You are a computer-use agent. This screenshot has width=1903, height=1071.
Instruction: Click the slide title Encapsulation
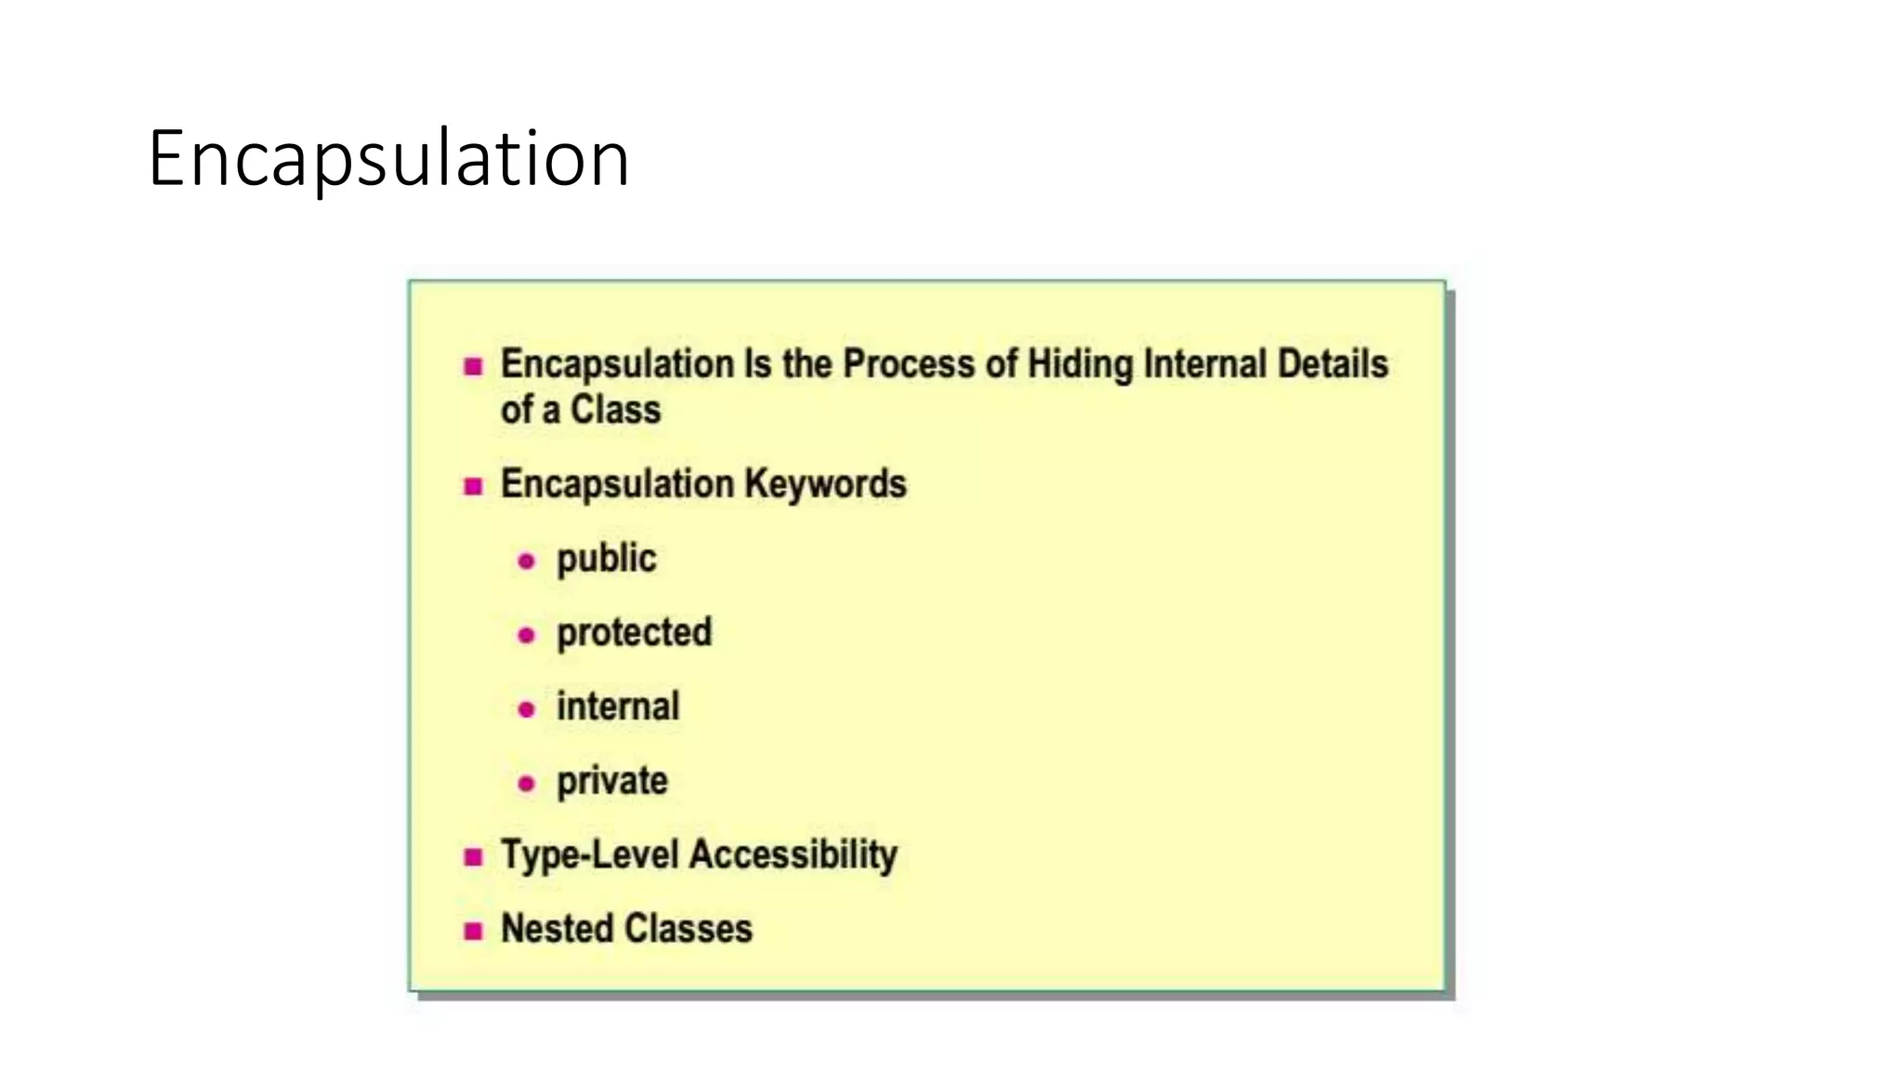point(388,159)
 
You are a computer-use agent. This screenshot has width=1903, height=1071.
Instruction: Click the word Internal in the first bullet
point(1205,364)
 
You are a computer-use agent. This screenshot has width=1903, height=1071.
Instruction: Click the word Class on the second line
point(615,410)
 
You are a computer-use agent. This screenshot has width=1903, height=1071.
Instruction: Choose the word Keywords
point(825,484)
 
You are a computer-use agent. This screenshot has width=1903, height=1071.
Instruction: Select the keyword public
point(606,559)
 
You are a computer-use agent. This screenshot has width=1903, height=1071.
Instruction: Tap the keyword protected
point(634,633)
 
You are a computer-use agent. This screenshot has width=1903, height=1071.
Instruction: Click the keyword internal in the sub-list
point(618,707)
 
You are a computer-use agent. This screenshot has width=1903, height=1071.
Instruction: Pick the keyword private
point(611,781)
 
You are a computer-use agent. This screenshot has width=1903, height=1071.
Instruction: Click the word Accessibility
point(794,854)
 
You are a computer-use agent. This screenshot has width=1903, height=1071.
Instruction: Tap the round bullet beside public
point(527,562)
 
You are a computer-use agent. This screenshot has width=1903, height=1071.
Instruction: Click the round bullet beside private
point(527,784)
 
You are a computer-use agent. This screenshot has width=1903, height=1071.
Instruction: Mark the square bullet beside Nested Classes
point(474,931)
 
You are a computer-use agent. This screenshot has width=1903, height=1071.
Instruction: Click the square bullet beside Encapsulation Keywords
point(474,486)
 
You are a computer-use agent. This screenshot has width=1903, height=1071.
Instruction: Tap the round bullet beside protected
point(527,636)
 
